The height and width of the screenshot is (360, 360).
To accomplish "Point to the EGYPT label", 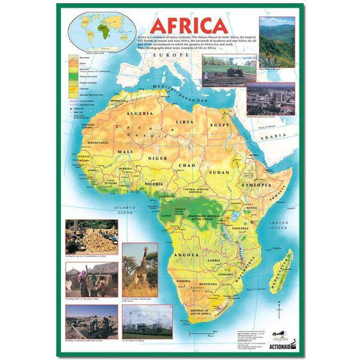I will (220, 124).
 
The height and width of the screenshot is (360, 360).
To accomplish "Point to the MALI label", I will (125, 152).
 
